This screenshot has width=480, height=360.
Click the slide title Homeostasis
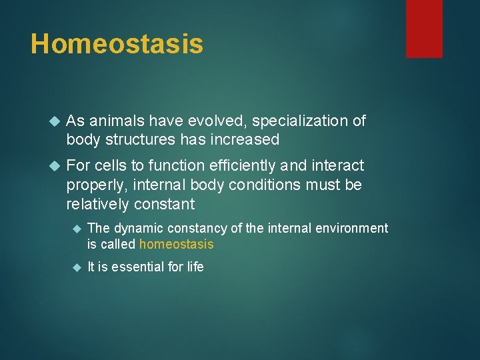117,44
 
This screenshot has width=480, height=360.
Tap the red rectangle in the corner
424,29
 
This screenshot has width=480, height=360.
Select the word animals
113,121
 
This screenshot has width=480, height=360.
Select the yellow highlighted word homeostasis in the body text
176,245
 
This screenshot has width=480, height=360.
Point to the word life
194,267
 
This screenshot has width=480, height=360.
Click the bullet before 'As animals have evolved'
55,121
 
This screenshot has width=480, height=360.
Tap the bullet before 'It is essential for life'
76,268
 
